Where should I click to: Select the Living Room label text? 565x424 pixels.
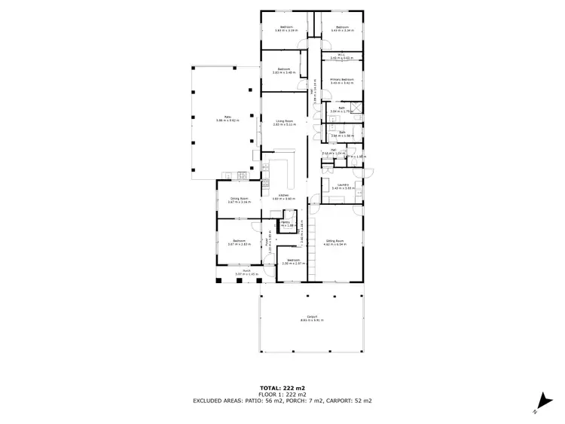(x=284, y=121)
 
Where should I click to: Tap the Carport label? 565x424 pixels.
(x=311, y=318)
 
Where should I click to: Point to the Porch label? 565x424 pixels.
(x=246, y=271)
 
